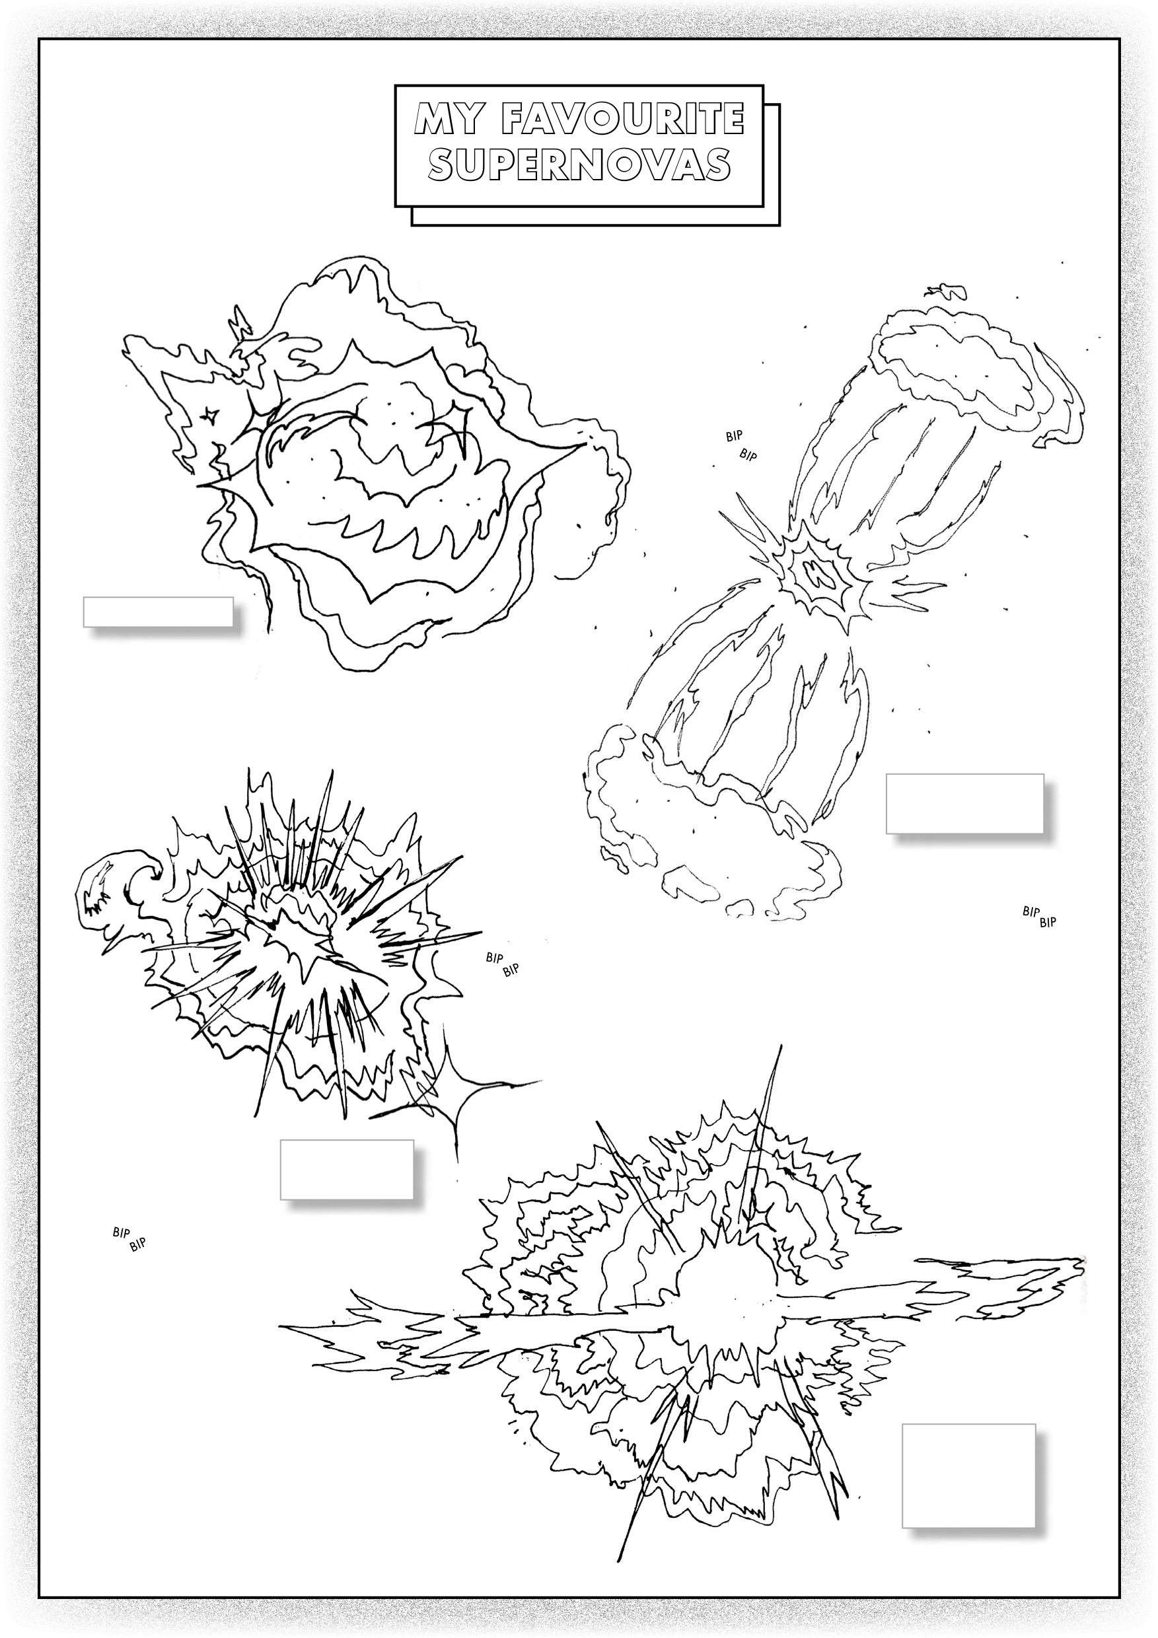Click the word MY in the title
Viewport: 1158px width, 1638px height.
(x=447, y=119)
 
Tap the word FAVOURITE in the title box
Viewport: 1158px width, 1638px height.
(x=623, y=119)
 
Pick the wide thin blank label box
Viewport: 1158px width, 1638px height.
(x=159, y=612)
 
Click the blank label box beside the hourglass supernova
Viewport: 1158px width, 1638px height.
(x=964, y=803)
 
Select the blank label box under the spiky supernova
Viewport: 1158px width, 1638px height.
(x=347, y=1169)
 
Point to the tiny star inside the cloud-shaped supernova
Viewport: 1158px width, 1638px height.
(x=208, y=413)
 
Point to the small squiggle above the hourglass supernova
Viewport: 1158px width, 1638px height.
(x=947, y=291)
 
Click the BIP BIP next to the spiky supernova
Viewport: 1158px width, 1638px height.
(x=502, y=964)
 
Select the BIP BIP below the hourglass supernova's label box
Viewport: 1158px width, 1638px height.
(x=1040, y=916)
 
